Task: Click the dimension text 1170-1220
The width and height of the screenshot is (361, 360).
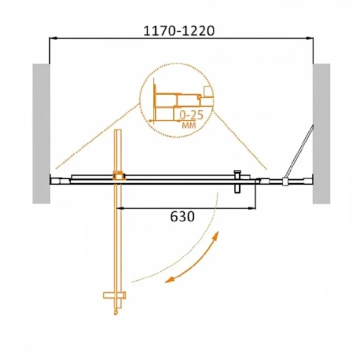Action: click(x=179, y=31)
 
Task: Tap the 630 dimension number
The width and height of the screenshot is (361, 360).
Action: click(x=182, y=217)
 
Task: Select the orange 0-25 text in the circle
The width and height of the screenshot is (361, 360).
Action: click(x=191, y=115)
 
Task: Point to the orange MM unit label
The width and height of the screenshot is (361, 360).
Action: click(x=189, y=125)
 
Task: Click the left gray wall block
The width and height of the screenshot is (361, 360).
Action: click(x=41, y=134)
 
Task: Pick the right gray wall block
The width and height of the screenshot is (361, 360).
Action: click(x=321, y=134)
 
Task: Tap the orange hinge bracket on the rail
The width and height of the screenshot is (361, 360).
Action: click(x=119, y=176)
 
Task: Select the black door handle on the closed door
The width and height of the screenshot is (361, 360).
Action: click(x=237, y=181)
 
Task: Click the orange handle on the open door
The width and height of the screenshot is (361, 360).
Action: click(x=115, y=295)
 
